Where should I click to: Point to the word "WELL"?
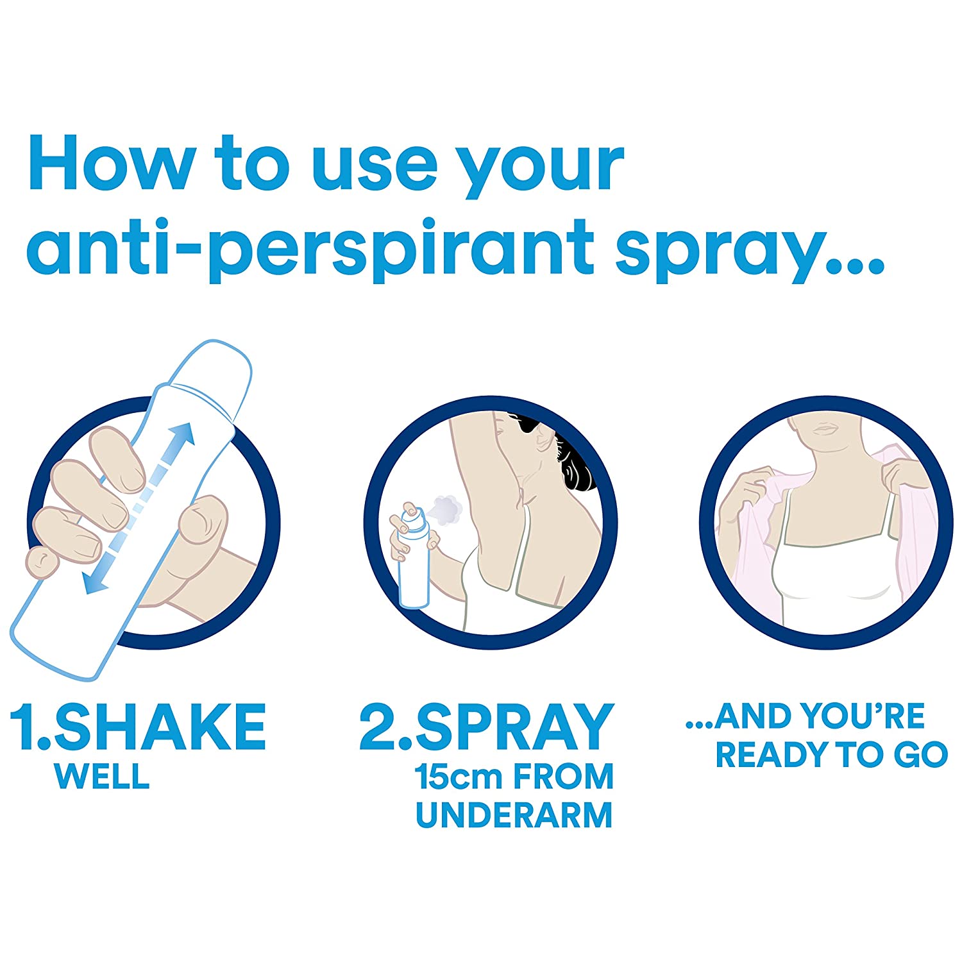(x=103, y=777)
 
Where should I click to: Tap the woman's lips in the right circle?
(x=825, y=428)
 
